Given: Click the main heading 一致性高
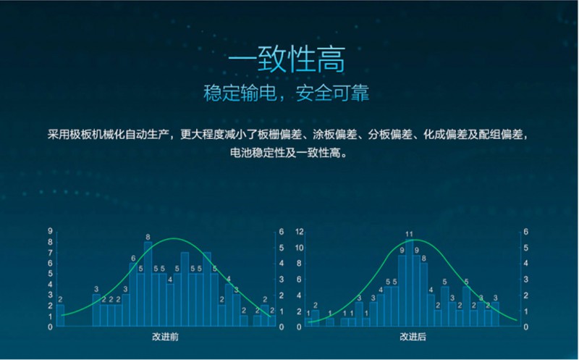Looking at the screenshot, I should (x=289, y=59).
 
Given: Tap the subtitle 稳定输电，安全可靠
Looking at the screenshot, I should (x=289, y=95).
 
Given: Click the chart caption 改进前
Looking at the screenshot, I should (x=166, y=338).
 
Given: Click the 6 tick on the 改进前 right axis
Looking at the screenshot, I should (x=282, y=232).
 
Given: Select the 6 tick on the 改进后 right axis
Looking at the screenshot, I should (x=526, y=232).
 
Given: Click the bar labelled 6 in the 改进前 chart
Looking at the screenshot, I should (x=133, y=293).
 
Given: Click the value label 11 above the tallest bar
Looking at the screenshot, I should (x=409, y=234).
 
